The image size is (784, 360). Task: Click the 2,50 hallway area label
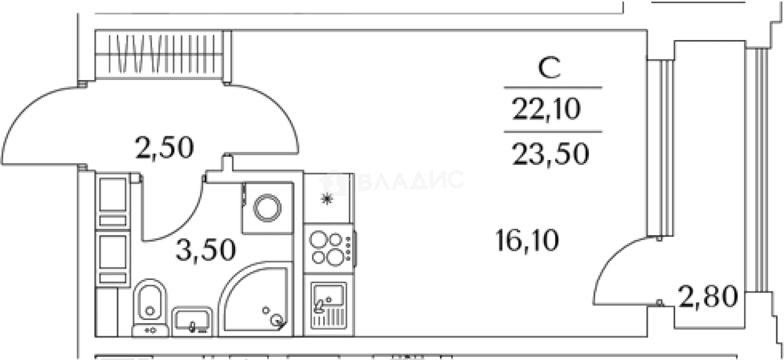[x=164, y=148]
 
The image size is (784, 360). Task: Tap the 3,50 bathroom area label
[x=206, y=250]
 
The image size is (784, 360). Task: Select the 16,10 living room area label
[x=527, y=240]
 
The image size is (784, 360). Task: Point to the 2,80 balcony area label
[x=708, y=297]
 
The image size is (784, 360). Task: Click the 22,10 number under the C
[x=546, y=109]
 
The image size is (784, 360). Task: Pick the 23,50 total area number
[x=550, y=154]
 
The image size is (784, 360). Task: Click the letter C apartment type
[x=549, y=68]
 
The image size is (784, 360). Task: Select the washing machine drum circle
[x=267, y=208]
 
